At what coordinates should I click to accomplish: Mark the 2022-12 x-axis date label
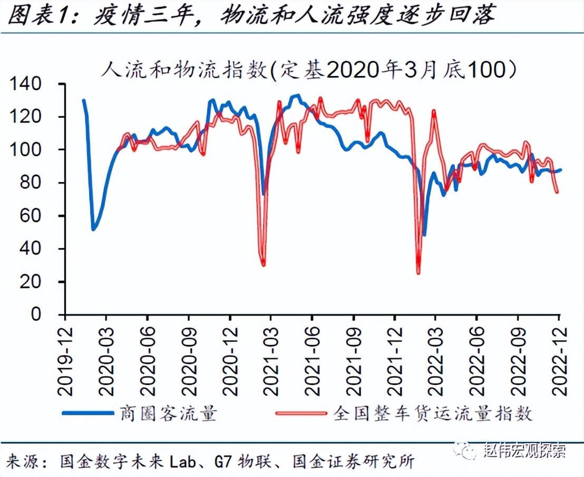pos(559,358)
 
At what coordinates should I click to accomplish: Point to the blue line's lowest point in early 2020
pos(93,229)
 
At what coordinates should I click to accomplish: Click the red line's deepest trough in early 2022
pos(418,272)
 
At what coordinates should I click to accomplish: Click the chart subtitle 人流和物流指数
pos(184,70)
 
